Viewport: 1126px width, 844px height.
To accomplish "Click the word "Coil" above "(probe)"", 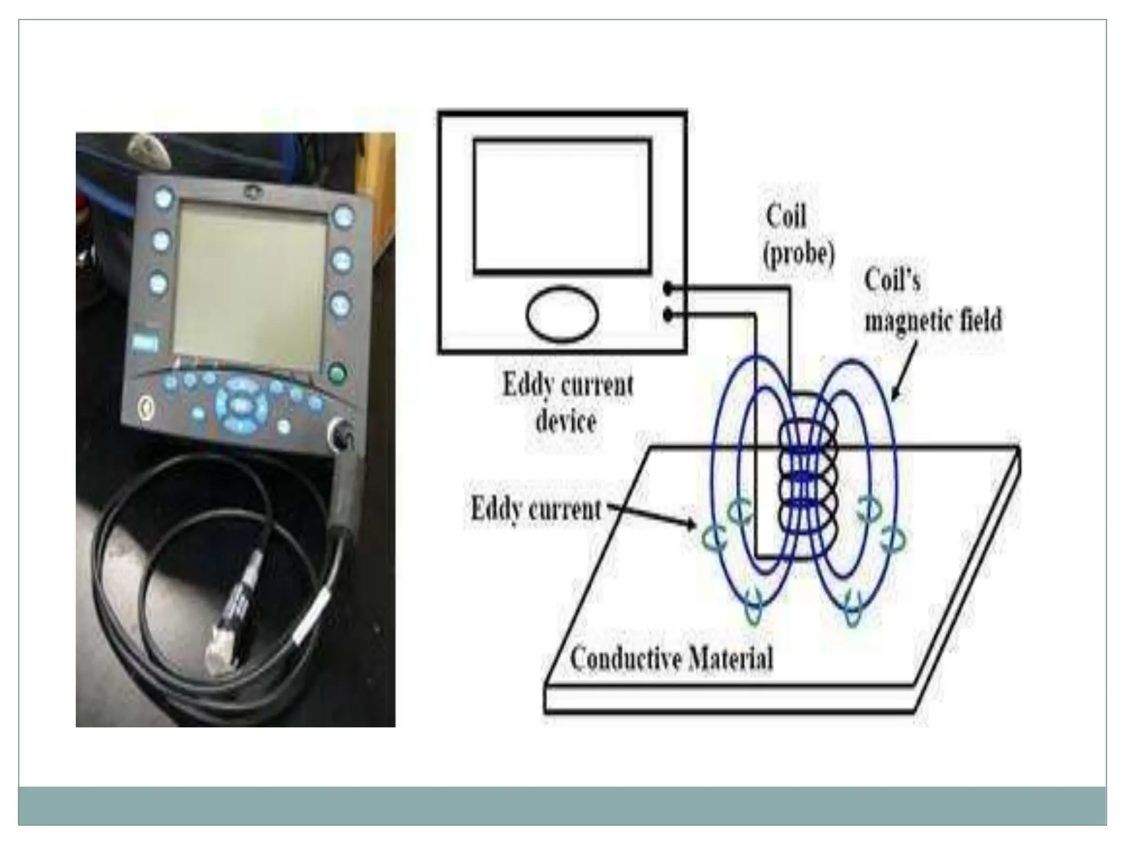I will coord(786,216).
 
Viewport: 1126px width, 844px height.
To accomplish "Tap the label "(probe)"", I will coord(799,254).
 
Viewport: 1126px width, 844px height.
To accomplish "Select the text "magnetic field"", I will coord(933,320).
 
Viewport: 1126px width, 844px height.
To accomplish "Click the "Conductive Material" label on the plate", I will coord(671,658).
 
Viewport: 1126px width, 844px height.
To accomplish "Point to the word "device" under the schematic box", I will coord(566,421).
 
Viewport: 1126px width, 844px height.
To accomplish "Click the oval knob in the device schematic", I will coord(562,314).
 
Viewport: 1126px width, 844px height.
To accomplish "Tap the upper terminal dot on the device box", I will coord(668,287).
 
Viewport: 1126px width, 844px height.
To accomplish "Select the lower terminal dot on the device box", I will coord(668,315).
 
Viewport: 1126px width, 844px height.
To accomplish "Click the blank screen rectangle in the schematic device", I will coord(562,206).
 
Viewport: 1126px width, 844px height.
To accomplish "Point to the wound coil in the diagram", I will coord(808,484).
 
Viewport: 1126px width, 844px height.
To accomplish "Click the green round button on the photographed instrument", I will coord(336,374).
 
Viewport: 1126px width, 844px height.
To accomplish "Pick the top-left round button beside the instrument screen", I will coord(163,198).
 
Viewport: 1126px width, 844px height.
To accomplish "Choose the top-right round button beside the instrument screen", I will coord(343,216).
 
